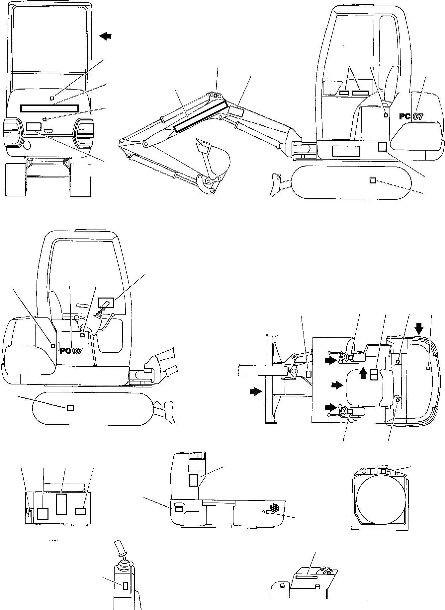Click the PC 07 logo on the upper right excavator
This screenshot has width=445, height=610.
click(x=411, y=117)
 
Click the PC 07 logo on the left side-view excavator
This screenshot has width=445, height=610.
click(x=71, y=351)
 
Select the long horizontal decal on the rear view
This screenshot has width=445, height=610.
click(x=50, y=108)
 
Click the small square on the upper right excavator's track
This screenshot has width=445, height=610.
click(x=373, y=180)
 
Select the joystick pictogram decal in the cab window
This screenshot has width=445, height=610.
click(x=106, y=303)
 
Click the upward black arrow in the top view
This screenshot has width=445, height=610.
click(x=364, y=373)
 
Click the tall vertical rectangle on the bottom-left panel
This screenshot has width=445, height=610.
click(x=61, y=504)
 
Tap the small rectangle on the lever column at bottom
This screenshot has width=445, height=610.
click(x=126, y=585)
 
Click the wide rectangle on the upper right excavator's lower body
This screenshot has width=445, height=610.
click(x=346, y=151)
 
